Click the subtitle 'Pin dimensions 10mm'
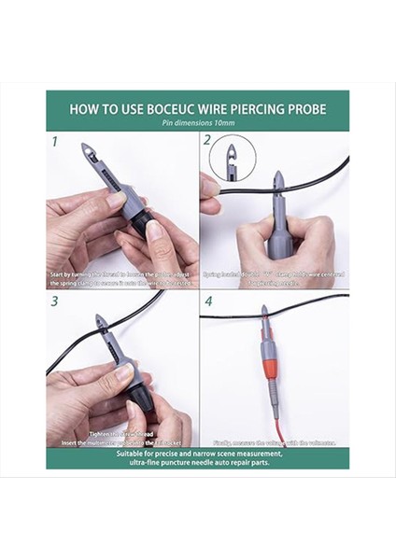(x=197, y=123)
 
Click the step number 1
(x=55, y=143)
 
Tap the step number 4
(x=208, y=301)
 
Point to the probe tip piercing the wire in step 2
(x=277, y=181)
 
